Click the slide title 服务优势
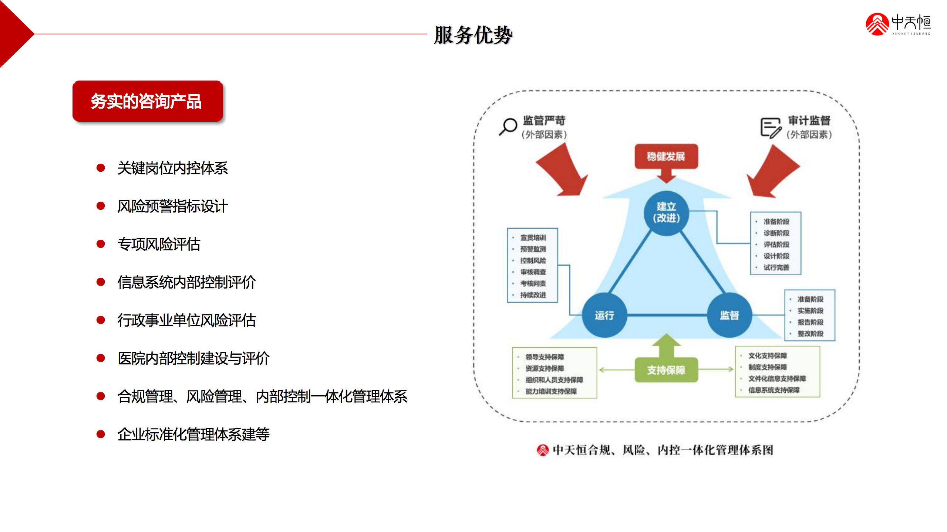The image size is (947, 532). (x=473, y=35)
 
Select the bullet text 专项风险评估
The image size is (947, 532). (x=159, y=244)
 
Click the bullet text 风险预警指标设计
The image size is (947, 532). (x=172, y=206)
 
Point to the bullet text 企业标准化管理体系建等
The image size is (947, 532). (x=193, y=434)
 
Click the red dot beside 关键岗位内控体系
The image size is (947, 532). (x=101, y=168)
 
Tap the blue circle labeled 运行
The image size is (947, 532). (x=604, y=315)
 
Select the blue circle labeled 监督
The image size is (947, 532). (x=729, y=315)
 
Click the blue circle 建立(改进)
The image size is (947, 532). (x=666, y=212)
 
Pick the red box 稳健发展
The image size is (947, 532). (x=666, y=156)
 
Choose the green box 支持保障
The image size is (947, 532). (x=666, y=370)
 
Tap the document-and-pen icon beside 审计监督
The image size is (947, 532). (x=771, y=127)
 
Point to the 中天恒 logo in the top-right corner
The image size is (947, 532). (x=898, y=24)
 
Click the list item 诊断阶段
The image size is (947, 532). (x=776, y=233)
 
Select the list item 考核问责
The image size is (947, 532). (x=533, y=283)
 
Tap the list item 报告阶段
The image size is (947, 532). (x=810, y=322)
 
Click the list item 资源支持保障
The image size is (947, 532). (x=545, y=368)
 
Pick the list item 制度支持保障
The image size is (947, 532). (x=768, y=367)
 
